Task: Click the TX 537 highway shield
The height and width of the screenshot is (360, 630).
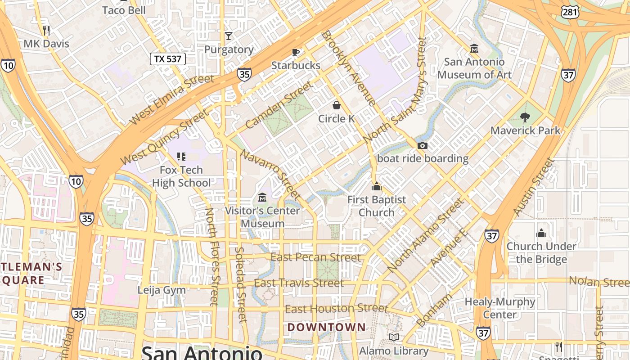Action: [x=167, y=59]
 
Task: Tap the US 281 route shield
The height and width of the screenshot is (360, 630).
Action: [x=570, y=12]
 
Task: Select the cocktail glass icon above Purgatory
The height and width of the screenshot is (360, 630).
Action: [x=229, y=36]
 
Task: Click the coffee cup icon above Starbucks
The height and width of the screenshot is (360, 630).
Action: [x=296, y=52]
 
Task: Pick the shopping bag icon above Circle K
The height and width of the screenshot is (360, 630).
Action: [x=336, y=105]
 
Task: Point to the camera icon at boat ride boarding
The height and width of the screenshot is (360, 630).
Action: [x=422, y=145]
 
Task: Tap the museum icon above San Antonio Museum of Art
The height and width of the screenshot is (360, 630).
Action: [x=474, y=48]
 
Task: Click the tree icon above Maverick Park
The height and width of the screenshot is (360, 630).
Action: [x=525, y=117]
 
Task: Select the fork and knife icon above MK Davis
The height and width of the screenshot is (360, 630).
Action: [x=46, y=30]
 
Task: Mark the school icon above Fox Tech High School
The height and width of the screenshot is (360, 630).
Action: [x=181, y=157]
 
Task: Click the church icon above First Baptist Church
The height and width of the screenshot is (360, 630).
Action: [x=376, y=186]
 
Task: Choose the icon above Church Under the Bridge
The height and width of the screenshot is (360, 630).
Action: [x=541, y=233]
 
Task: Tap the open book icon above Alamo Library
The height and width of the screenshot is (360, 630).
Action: [x=394, y=337]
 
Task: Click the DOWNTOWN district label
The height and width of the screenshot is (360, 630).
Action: [x=326, y=327]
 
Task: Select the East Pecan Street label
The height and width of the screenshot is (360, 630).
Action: [x=315, y=257]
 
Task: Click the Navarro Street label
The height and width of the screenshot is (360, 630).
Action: [x=270, y=175]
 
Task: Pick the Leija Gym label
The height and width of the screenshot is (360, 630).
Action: [x=162, y=290]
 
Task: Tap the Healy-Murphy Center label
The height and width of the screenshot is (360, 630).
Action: [x=500, y=308]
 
